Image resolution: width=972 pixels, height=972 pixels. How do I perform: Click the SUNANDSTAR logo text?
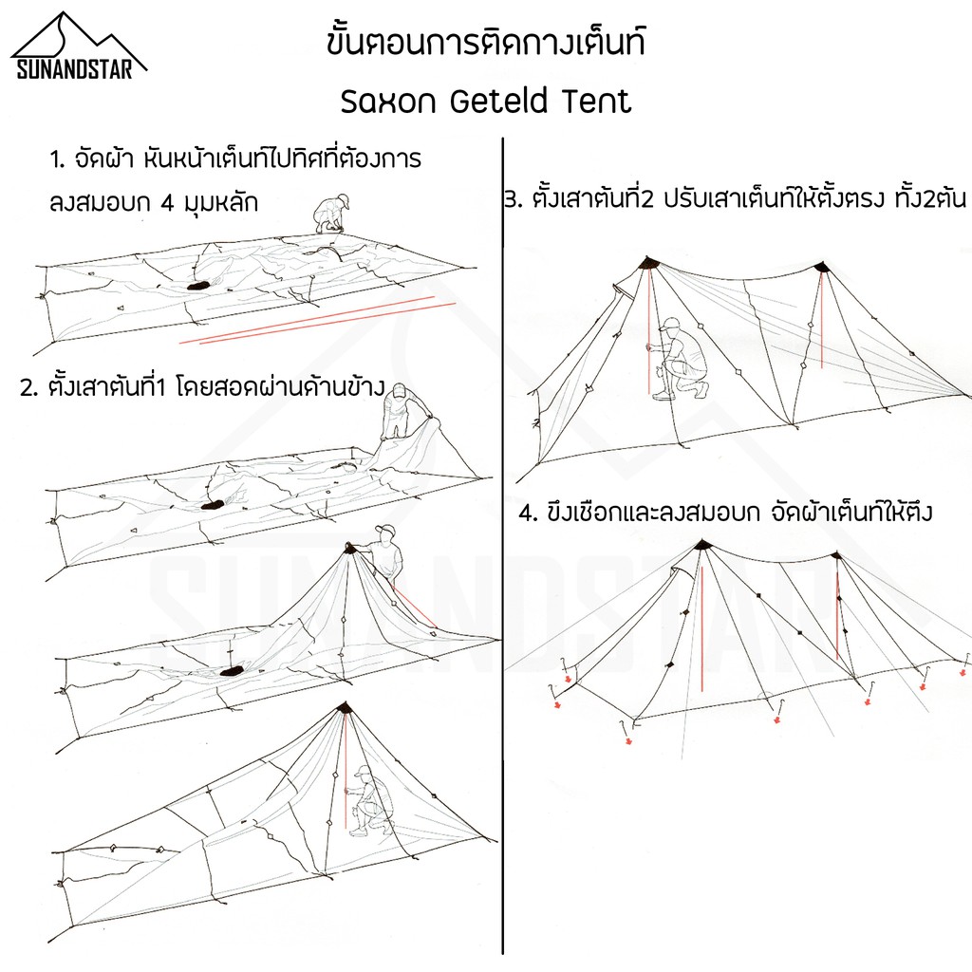(74, 68)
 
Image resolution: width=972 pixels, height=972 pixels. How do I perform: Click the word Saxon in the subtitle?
(388, 103)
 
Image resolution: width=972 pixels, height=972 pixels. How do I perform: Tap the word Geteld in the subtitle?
(499, 101)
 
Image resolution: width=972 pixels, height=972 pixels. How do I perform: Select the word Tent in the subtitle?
(597, 101)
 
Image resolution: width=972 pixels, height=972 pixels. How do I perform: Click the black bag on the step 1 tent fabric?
(199, 287)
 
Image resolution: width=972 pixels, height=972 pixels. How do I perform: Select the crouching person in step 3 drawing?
(678, 359)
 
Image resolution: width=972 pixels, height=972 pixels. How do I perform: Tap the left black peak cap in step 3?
(649, 263)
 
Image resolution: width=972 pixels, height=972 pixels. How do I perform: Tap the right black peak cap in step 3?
(822, 267)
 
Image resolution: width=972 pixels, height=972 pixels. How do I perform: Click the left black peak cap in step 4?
(701, 546)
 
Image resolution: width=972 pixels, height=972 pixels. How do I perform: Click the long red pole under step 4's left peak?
(701, 628)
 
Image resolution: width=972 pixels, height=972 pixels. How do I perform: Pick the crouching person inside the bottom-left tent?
(368, 800)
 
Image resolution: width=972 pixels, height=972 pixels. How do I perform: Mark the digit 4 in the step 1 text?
(167, 203)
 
